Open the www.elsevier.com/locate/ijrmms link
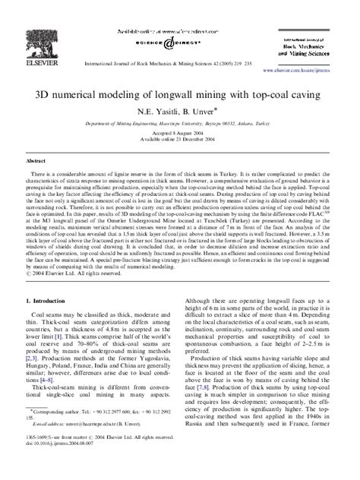pos(303,68)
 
